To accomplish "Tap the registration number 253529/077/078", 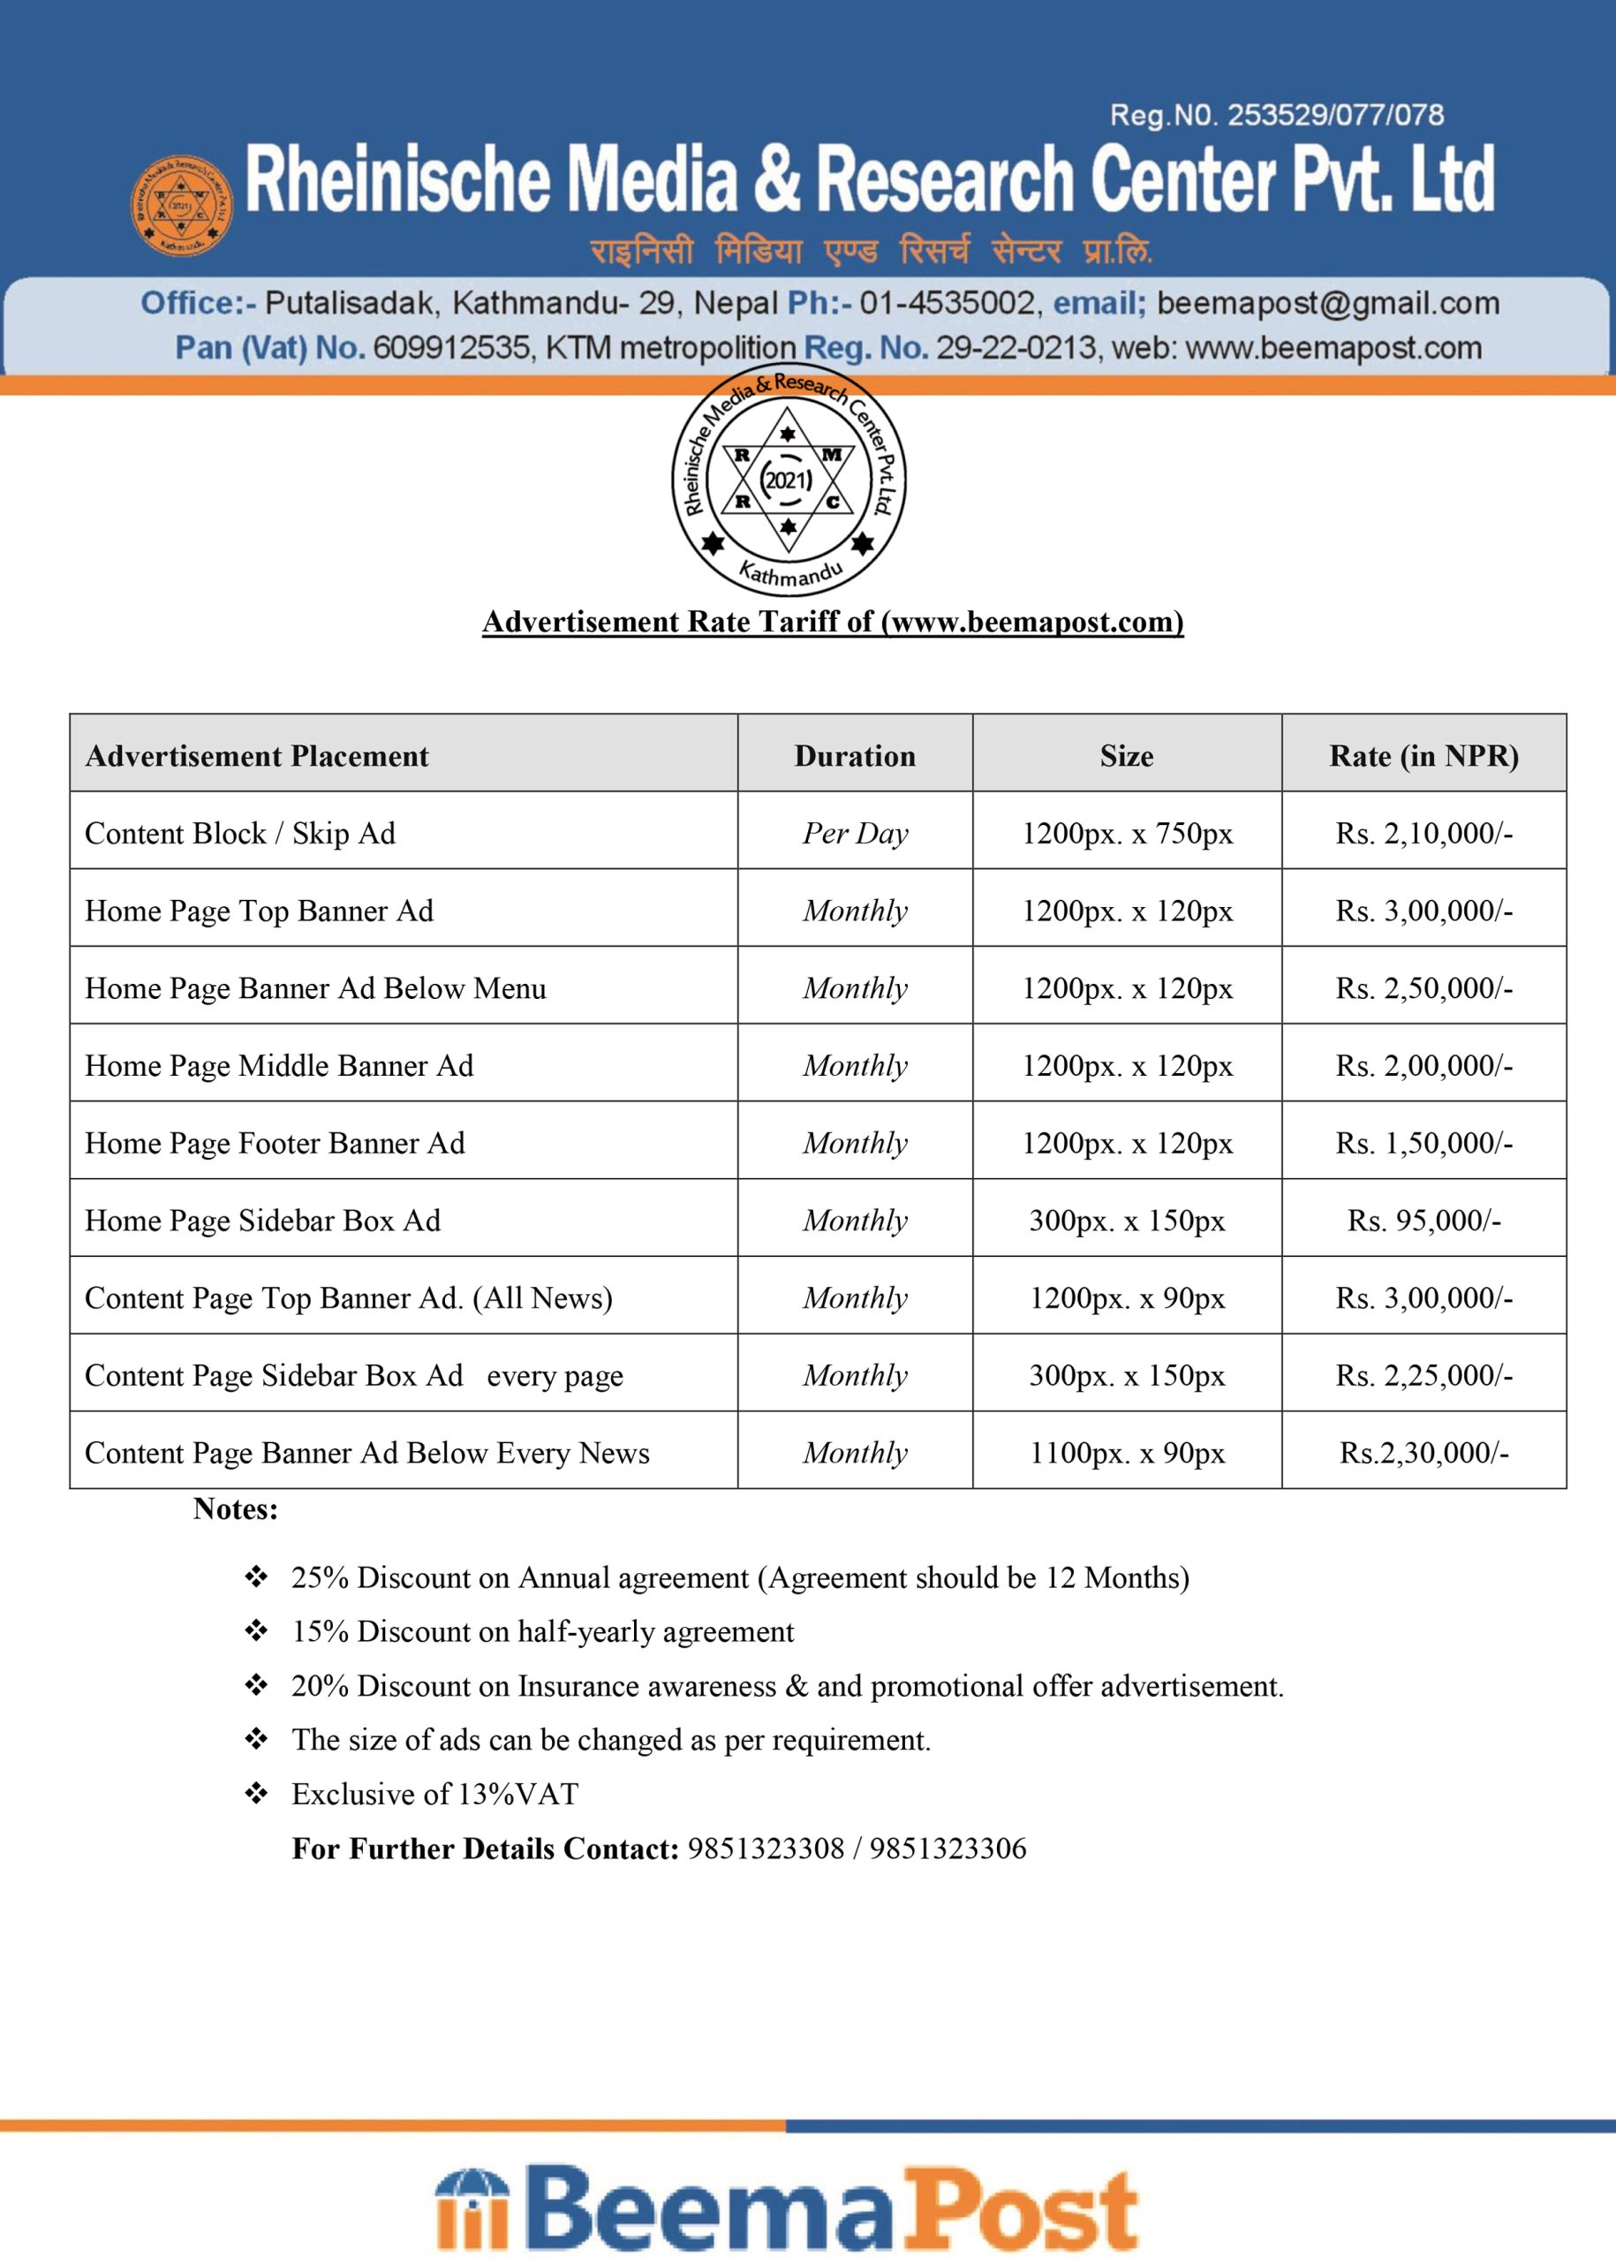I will coord(1334,116).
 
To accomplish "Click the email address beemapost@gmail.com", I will coord(1327,303).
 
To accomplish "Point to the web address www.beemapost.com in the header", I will coord(1333,347).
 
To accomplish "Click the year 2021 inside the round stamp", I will coord(787,480).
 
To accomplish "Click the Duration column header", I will coord(855,756).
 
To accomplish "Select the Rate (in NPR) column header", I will coord(1423,756).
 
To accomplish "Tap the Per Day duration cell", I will coord(855,833).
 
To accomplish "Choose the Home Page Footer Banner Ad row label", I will coord(275,1143).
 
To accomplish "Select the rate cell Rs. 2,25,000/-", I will coord(1423,1375).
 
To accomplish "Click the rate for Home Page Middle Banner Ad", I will coord(1423,1066).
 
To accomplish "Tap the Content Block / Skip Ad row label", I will coord(240,833).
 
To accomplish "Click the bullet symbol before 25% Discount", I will coord(257,1577).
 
